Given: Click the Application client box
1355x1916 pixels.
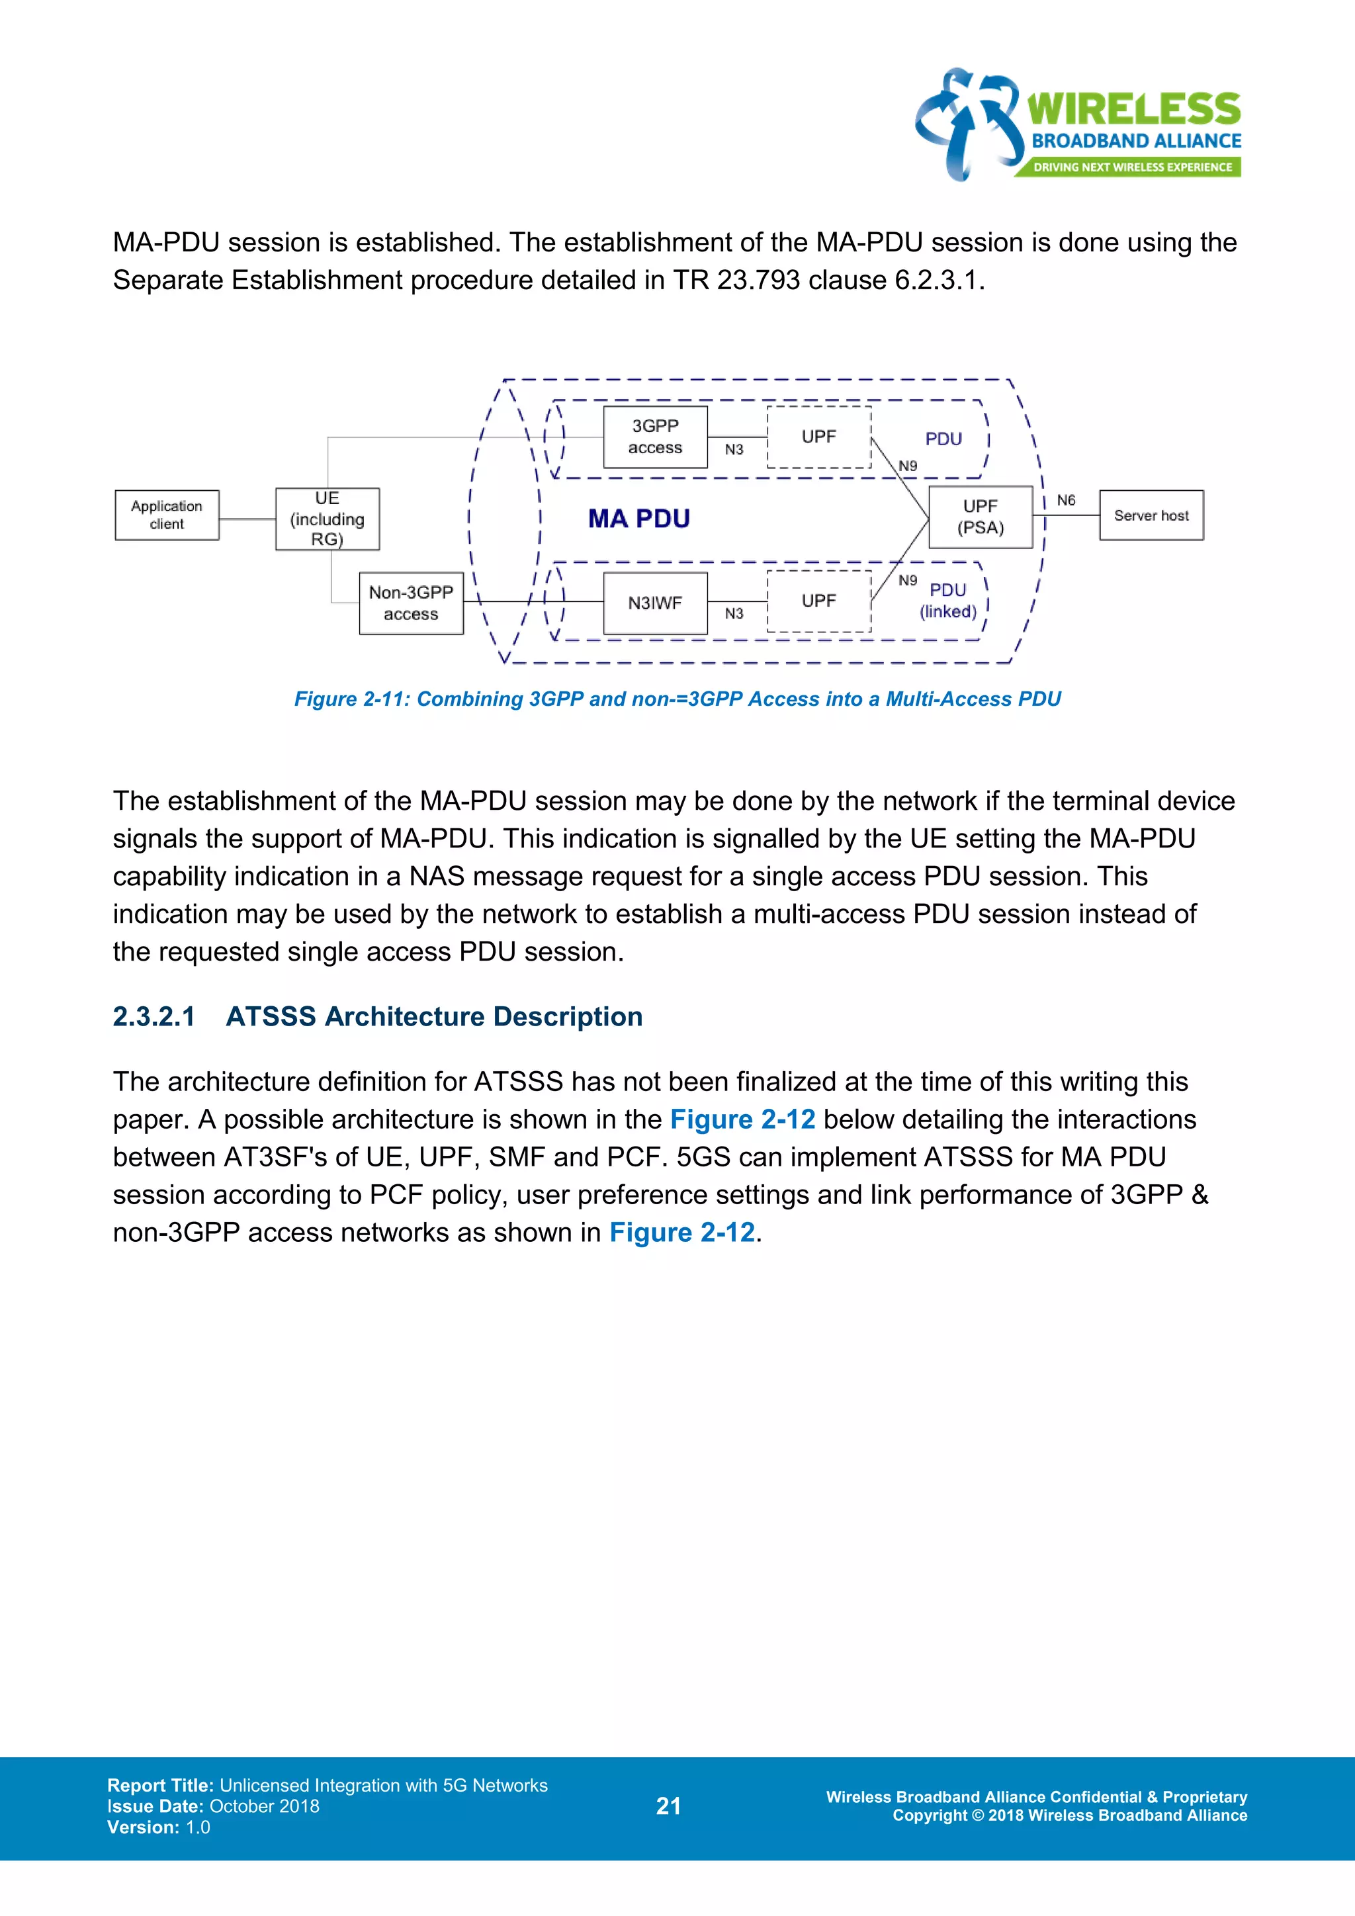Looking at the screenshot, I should point(167,515).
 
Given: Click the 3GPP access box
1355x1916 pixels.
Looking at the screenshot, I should point(655,437).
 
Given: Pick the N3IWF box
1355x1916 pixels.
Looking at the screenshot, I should point(655,603).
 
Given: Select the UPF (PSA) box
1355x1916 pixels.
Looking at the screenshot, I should point(981,517).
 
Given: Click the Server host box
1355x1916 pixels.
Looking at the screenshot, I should point(1151,515).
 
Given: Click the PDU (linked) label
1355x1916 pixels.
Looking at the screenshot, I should point(948,601).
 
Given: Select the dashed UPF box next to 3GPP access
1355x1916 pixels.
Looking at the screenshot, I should point(818,437).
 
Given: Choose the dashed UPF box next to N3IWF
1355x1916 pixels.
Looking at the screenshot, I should point(818,601).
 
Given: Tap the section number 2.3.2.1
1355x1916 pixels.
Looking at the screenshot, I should point(153,1016).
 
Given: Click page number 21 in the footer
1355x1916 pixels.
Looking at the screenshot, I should point(668,1807).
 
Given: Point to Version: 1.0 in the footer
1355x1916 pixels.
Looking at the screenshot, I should point(159,1827).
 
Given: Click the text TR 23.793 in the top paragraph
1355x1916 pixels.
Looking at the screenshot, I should point(737,281).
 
